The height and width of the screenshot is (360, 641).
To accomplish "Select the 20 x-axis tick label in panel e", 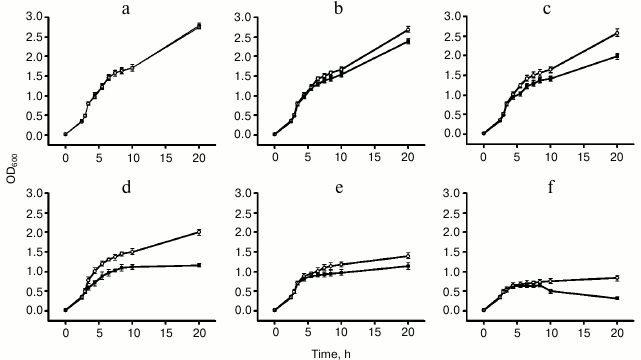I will tap(408, 327).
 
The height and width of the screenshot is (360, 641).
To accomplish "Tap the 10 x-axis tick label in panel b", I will tap(341, 151).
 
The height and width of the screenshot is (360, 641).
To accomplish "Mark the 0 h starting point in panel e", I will tap(275, 310).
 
